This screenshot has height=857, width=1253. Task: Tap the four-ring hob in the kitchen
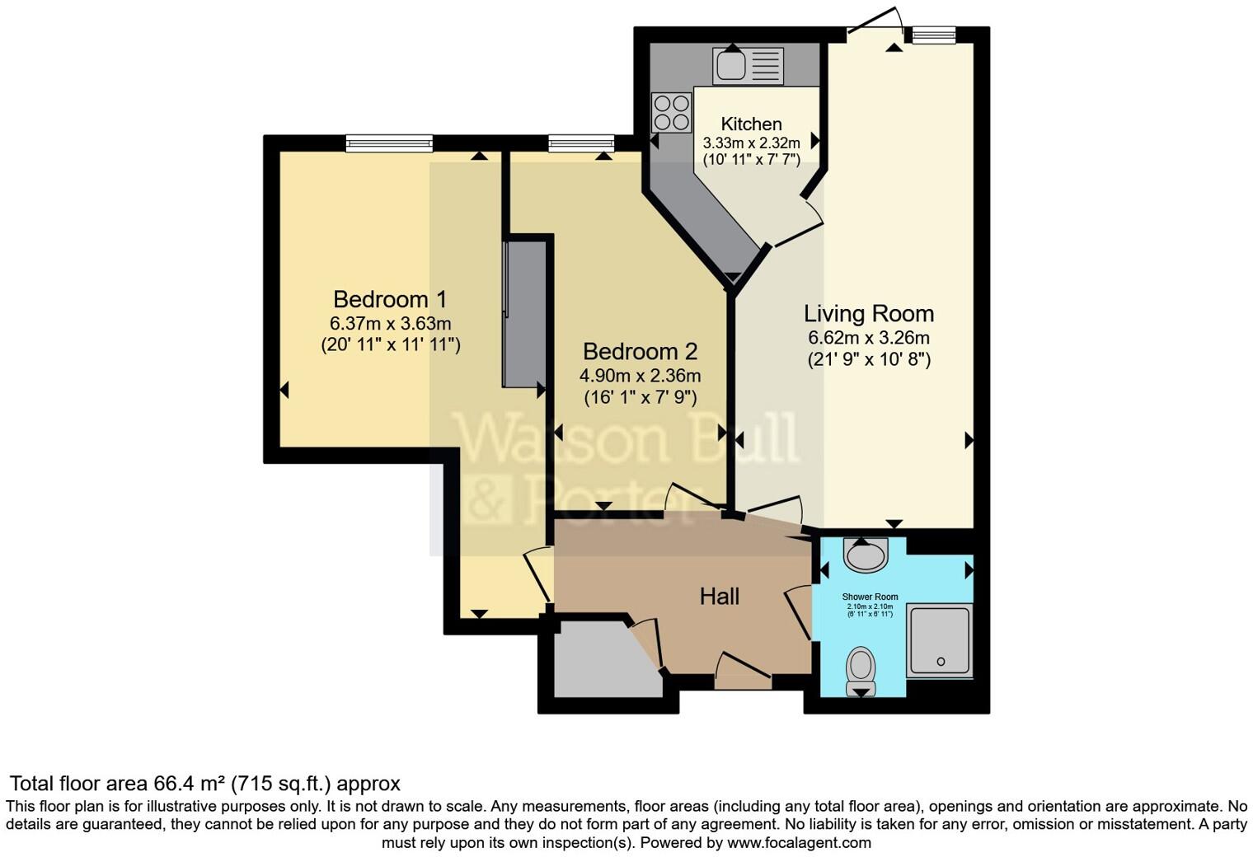tap(671, 113)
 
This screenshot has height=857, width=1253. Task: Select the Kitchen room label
tap(751, 124)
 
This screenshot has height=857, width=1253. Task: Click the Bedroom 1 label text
tap(390, 298)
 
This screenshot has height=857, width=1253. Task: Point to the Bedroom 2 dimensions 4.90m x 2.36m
tap(641, 376)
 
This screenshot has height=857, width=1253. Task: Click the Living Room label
tap(869, 314)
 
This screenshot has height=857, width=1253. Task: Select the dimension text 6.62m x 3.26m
tap(869, 338)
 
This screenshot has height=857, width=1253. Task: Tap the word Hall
tap(719, 597)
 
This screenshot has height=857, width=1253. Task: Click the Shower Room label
tap(870, 597)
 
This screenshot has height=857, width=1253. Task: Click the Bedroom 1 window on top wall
tap(389, 144)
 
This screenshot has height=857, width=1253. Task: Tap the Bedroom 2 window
tap(581, 144)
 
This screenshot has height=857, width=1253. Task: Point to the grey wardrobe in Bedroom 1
tap(524, 313)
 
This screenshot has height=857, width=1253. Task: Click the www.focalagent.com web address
tap(799, 843)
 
